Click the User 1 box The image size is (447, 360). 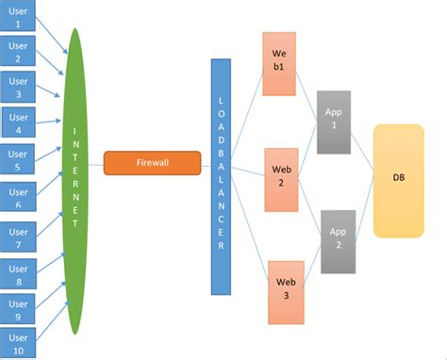17,16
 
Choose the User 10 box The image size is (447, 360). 17,344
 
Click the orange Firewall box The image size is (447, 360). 152,163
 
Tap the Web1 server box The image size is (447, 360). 279,63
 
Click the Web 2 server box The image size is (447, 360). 281,174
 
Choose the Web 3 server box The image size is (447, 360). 285,287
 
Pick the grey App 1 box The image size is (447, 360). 333,122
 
